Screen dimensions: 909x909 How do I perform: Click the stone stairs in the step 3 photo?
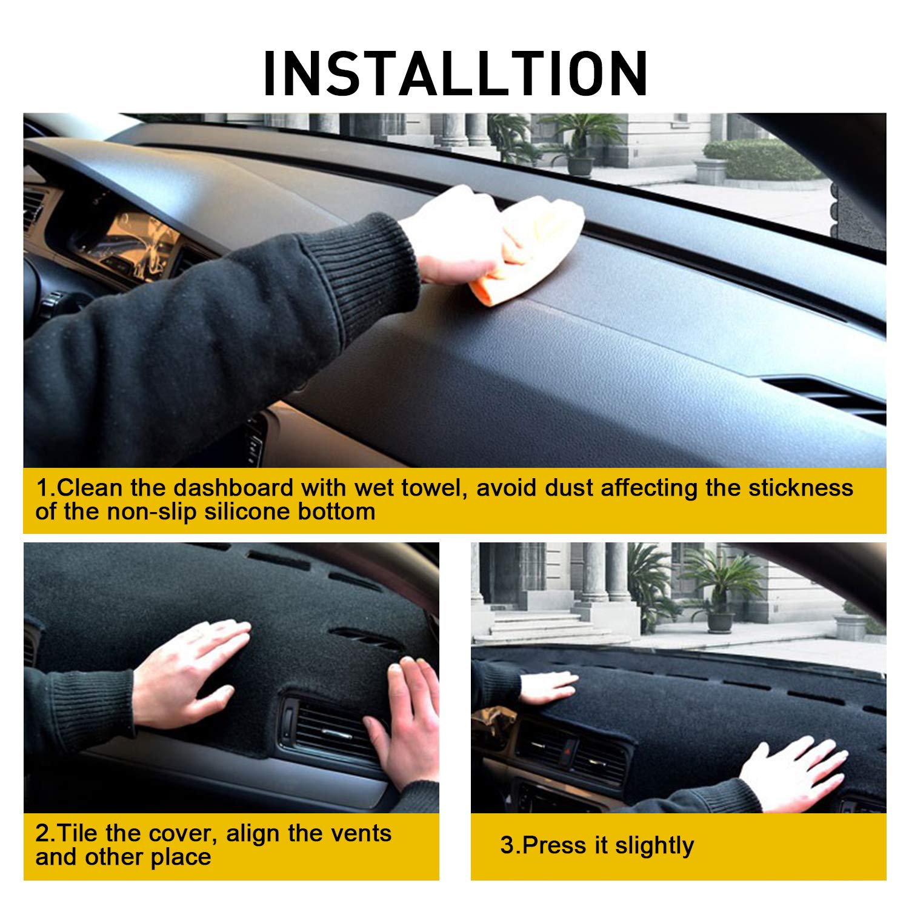tap(533, 624)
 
